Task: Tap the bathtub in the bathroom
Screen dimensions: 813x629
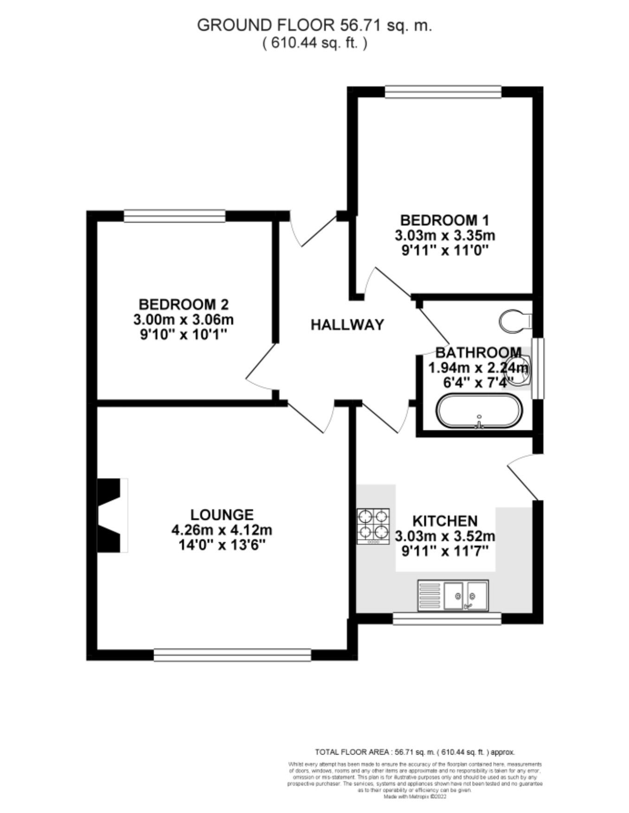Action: pos(479,411)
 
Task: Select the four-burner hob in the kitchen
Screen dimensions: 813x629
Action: pos(373,526)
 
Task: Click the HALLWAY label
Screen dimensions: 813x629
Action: pos(347,325)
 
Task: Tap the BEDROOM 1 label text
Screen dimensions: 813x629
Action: pos(444,220)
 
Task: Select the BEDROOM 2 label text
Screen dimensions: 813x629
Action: pos(184,304)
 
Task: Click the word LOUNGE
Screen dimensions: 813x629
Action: pos(222,514)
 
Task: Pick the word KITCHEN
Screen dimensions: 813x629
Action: pos(445,521)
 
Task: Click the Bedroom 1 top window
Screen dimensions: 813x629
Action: pos(443,92)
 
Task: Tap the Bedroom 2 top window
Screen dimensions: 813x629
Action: pos(174,216)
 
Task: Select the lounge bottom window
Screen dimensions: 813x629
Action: pos(232,654)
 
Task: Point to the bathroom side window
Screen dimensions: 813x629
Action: pos(538,368)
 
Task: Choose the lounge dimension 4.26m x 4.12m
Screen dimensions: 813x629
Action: pos(222,530)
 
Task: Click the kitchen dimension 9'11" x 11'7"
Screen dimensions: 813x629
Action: pos(444,551)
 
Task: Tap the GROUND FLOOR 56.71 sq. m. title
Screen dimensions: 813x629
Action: pos(314,25)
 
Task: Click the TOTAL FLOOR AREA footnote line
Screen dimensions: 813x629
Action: pos(415,752)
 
